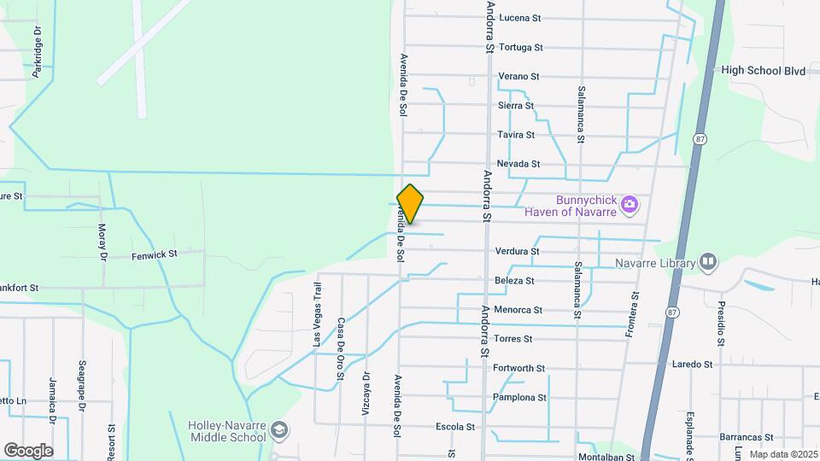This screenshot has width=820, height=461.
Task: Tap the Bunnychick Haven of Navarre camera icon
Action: click(630, 203)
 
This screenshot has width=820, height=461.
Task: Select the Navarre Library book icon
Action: click(707, 261)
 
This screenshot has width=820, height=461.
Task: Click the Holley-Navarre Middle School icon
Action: click(279, 431)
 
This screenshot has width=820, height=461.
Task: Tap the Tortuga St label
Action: click(520, 47)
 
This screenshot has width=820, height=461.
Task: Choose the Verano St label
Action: click(518, 76)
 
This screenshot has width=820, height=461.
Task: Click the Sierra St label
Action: click(516, 106)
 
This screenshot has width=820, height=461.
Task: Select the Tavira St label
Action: click(517, 135)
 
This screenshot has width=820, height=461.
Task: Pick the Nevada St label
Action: click(518, 164)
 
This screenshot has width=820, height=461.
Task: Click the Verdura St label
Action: click(517, 252)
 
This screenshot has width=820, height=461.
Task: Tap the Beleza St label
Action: click(514, 281)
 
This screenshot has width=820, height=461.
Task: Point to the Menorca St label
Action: click(518, 310)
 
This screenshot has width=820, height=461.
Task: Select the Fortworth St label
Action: click(519, 369)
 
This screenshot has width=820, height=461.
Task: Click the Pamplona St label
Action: click(519, 398)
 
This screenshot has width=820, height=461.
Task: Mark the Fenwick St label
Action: click(154, 254)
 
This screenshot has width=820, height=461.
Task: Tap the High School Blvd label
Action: click(764, 71)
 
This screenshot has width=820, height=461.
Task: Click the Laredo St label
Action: click(692, 365)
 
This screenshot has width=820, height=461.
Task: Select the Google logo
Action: click(28, 450)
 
